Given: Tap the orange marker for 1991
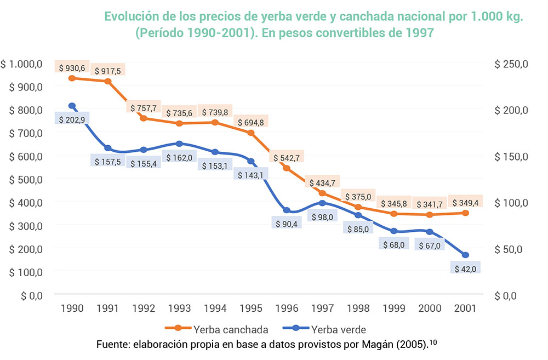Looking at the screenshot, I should click(x=108, y=82).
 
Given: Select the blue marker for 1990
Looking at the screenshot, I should click(x=72, y=106).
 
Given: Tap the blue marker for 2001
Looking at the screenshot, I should click(x=465, y=255).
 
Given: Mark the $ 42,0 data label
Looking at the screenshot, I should click(x=465, y=268).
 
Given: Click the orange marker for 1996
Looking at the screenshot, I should click(x=286, y=168).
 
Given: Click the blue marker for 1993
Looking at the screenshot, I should click(x=179, y=144).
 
